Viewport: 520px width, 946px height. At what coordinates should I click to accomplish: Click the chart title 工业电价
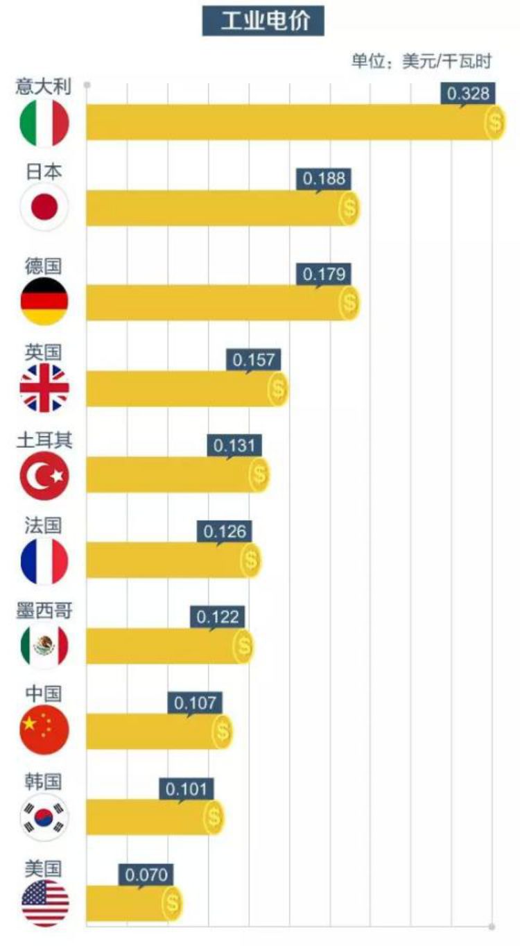pyautogui.click(x=263, y=21)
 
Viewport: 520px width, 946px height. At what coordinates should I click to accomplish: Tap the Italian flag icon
pyautogui.click(x=44, y=123)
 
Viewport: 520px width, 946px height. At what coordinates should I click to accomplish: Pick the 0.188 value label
pyautogui.click(x=324, y=179)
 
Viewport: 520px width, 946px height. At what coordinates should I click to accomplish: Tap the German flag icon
pyautogui.click(x=44, y=302)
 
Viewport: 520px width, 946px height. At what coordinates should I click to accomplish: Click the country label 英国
pyautogui.click(x=44, y=352)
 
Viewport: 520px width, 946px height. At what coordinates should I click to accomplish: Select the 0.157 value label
pyautogui.click(x=254, y=360)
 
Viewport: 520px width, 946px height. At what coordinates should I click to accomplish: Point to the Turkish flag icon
pyautogui.click(x=44, y=476)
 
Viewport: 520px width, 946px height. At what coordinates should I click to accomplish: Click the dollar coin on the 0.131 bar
pyautogui.click(x=259, y=475)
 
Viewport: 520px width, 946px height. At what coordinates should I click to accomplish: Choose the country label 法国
pyautogui.click(x=44, y=525)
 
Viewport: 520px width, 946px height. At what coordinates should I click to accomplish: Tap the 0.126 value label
pyautogui.click(x=225, y=532)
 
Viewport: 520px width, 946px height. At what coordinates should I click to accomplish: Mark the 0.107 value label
pyautogui.click(x=196, y=703)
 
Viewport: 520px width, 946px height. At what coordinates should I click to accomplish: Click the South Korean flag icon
pyautogui.click(x=44, y=817)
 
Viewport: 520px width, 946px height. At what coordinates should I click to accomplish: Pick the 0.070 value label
pyautogui.click(x=146, y=875)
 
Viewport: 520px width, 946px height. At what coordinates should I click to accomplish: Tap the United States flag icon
pyautogui.click(x=44, y=903)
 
